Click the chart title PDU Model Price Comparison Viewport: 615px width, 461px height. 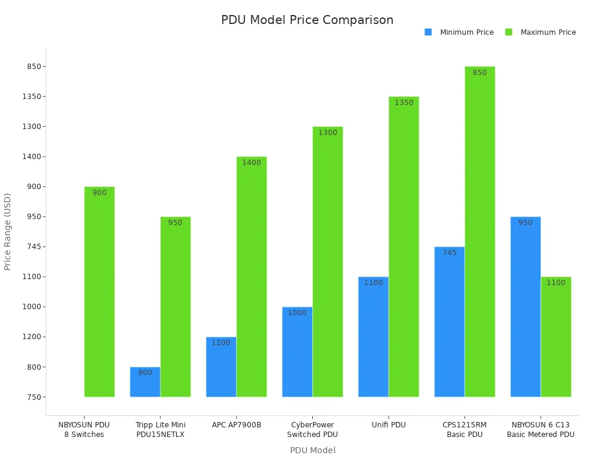[307, 20]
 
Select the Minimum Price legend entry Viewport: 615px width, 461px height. [466, 32]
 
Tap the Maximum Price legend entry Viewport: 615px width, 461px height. [548, 32]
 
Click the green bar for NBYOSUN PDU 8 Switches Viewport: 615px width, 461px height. [99, 292]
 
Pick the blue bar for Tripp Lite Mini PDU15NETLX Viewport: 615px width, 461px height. [145, 382]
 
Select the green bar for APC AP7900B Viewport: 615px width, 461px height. [251, 277]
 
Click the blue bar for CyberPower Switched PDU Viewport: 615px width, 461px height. [297, 352]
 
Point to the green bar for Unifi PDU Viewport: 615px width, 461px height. [404, 247]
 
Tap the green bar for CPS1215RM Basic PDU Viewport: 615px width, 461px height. [479, 232]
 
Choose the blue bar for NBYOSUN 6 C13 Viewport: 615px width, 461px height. [525, 307]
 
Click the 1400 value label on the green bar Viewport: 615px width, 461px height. [251, 163]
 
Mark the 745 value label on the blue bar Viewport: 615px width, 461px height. [449, 253]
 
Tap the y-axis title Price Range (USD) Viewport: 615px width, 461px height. [8, 231]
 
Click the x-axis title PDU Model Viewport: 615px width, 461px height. [312, 450]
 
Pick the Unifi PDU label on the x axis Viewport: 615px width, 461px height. [389, 425]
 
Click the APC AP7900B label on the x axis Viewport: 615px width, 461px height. [237, 425]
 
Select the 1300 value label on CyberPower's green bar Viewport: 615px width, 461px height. [327, 133]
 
